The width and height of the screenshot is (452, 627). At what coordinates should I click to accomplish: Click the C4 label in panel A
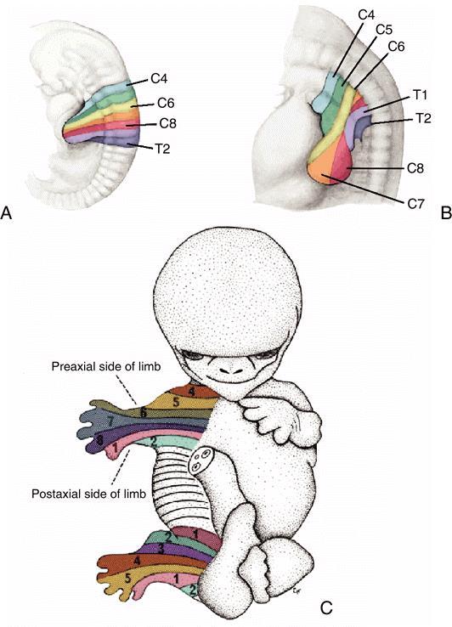coord(159,78)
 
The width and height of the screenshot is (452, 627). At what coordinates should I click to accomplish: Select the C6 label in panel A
coord(166,103)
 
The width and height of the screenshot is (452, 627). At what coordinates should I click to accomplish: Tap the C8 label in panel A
coord(167,123)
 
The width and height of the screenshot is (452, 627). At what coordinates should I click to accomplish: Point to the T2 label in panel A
coord(162,149)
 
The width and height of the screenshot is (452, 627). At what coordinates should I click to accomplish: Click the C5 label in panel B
coord(384,29)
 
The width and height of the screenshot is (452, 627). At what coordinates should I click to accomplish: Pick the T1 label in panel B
coord(420,95)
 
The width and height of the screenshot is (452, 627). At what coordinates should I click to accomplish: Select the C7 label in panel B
coord(415,204)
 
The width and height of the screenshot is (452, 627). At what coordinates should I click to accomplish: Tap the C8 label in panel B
coord(415,168)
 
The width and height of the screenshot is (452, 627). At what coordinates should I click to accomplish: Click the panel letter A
coord(7,212)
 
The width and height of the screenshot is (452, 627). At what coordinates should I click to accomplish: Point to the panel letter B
coord(445,212)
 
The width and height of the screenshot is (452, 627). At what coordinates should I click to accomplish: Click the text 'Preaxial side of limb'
coord(106,367)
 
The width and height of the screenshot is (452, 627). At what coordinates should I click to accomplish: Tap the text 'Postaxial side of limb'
coord(88,494)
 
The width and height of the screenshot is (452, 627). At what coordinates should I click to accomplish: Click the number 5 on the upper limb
coord(176,403)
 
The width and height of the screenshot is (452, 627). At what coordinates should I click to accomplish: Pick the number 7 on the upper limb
coord(110,420)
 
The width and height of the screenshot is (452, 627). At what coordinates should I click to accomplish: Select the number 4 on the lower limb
coord(137,561)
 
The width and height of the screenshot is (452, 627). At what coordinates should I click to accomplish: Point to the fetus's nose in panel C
coord(231,369)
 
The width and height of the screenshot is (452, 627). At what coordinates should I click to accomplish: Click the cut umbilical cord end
coord(202,460)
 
